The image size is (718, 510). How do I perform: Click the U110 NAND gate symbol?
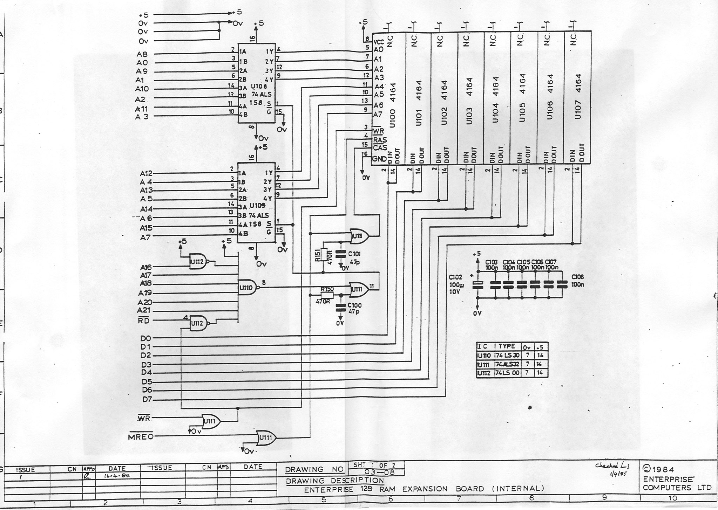point(248,288)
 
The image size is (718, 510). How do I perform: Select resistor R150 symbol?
point(327,295)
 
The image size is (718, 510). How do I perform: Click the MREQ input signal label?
point(141,436)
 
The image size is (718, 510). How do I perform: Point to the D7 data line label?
point(147,399)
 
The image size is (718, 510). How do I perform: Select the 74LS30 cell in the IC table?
point(507,356)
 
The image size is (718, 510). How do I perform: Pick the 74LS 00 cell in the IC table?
point(507,373)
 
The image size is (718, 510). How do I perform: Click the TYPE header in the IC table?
point(507,346)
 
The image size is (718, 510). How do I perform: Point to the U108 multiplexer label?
point(259,86)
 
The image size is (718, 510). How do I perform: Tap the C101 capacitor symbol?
point(339,254)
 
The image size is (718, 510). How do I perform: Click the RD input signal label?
point(143,320)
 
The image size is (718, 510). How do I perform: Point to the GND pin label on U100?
point(379,159)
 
